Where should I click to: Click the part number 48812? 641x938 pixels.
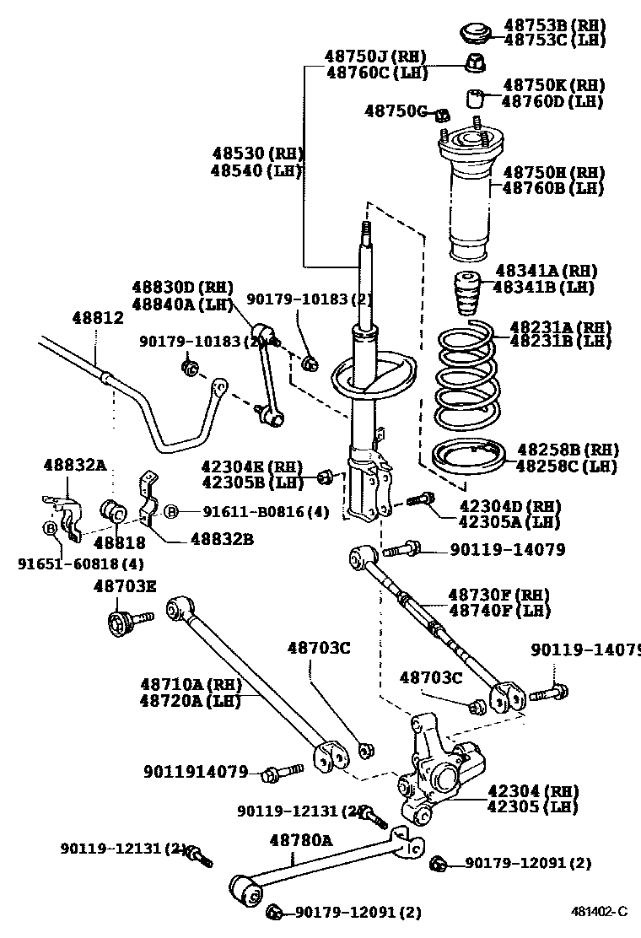click(97, 318)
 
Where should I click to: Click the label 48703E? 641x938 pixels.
click(124, 586)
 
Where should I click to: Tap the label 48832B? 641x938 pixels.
click(222, 537)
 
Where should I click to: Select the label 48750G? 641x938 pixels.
click(397, 111)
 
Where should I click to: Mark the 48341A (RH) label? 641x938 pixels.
click(546, 271)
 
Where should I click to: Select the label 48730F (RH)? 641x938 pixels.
click(498, 595)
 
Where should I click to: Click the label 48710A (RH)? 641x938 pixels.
click(191, 683)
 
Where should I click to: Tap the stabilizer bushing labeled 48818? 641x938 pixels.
click(114, 510)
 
